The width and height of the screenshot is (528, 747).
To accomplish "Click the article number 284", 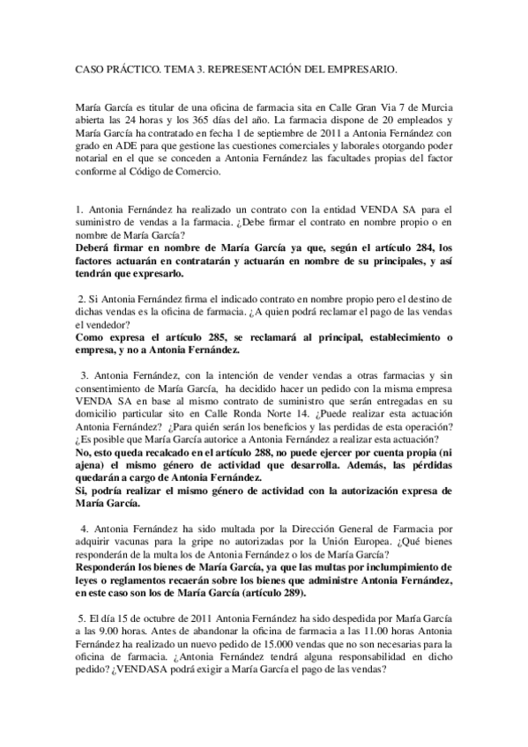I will click(408, 248).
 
